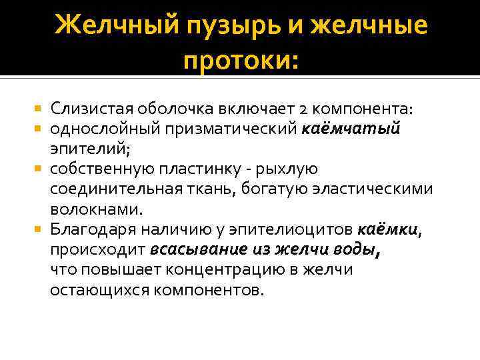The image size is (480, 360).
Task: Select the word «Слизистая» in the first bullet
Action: click(x=91, y=108)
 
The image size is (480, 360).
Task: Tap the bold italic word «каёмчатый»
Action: click(x=361, y=129)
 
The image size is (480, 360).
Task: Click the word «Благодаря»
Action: click(x=90, y=230)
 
